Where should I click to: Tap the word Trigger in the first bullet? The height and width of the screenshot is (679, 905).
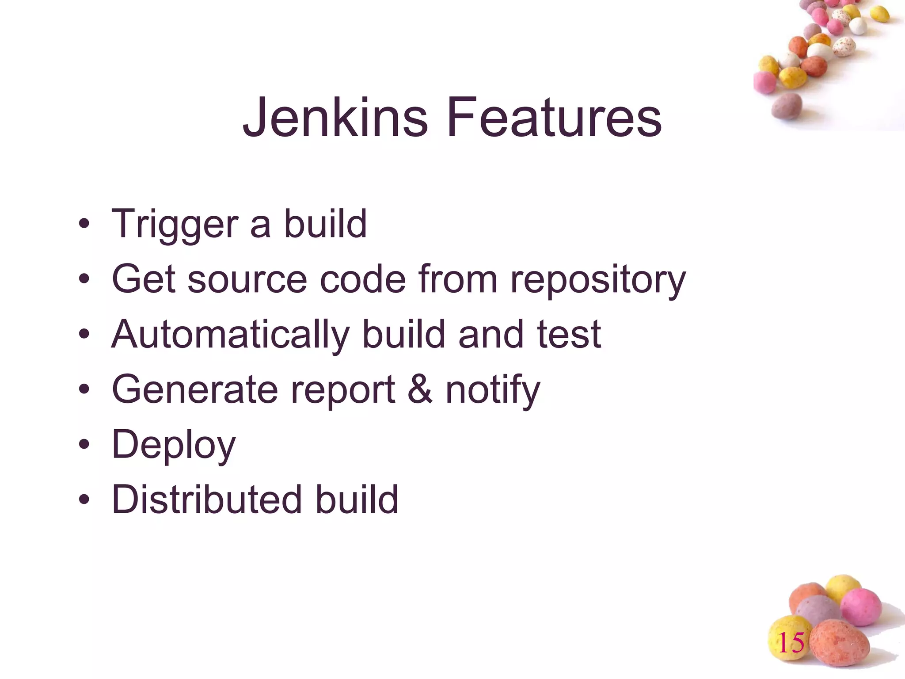(175, 225)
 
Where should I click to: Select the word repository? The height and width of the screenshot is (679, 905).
(598, 280)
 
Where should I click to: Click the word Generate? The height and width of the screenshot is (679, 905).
(195, 389)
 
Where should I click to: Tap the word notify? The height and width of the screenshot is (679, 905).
(493, 390)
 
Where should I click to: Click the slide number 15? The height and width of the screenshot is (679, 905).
(791, 643)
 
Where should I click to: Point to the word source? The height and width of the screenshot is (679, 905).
(247, 280)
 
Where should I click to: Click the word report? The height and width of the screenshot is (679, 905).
(342, 390)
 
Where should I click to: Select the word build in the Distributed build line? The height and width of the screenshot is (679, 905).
(356, 500)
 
